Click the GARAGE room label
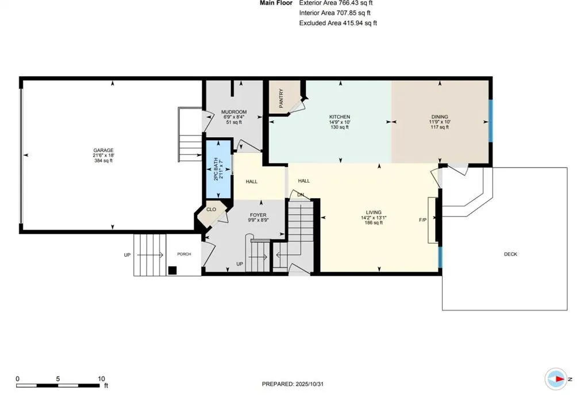click(x=104, y=150)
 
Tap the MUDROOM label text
click(x=235, y=112)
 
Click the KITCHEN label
click(x=339, y=117)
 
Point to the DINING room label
click(x=440, y=117)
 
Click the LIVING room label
click(x=374, y=212)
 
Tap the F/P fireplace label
click(x=423, y=219)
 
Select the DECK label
click(x=510, y=254)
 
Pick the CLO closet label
click(x=211, y=210)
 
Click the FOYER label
click(x=258, y=215)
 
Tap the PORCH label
click(x=184, y=254)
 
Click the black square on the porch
click(x=172, y=270)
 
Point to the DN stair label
click(x=300, y=195)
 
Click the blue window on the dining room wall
click(x=490, y=121)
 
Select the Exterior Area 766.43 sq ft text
click(x=336, y=3)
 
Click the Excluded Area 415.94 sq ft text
click(x=338, y=23)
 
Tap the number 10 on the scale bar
click(x=102, y=378)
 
